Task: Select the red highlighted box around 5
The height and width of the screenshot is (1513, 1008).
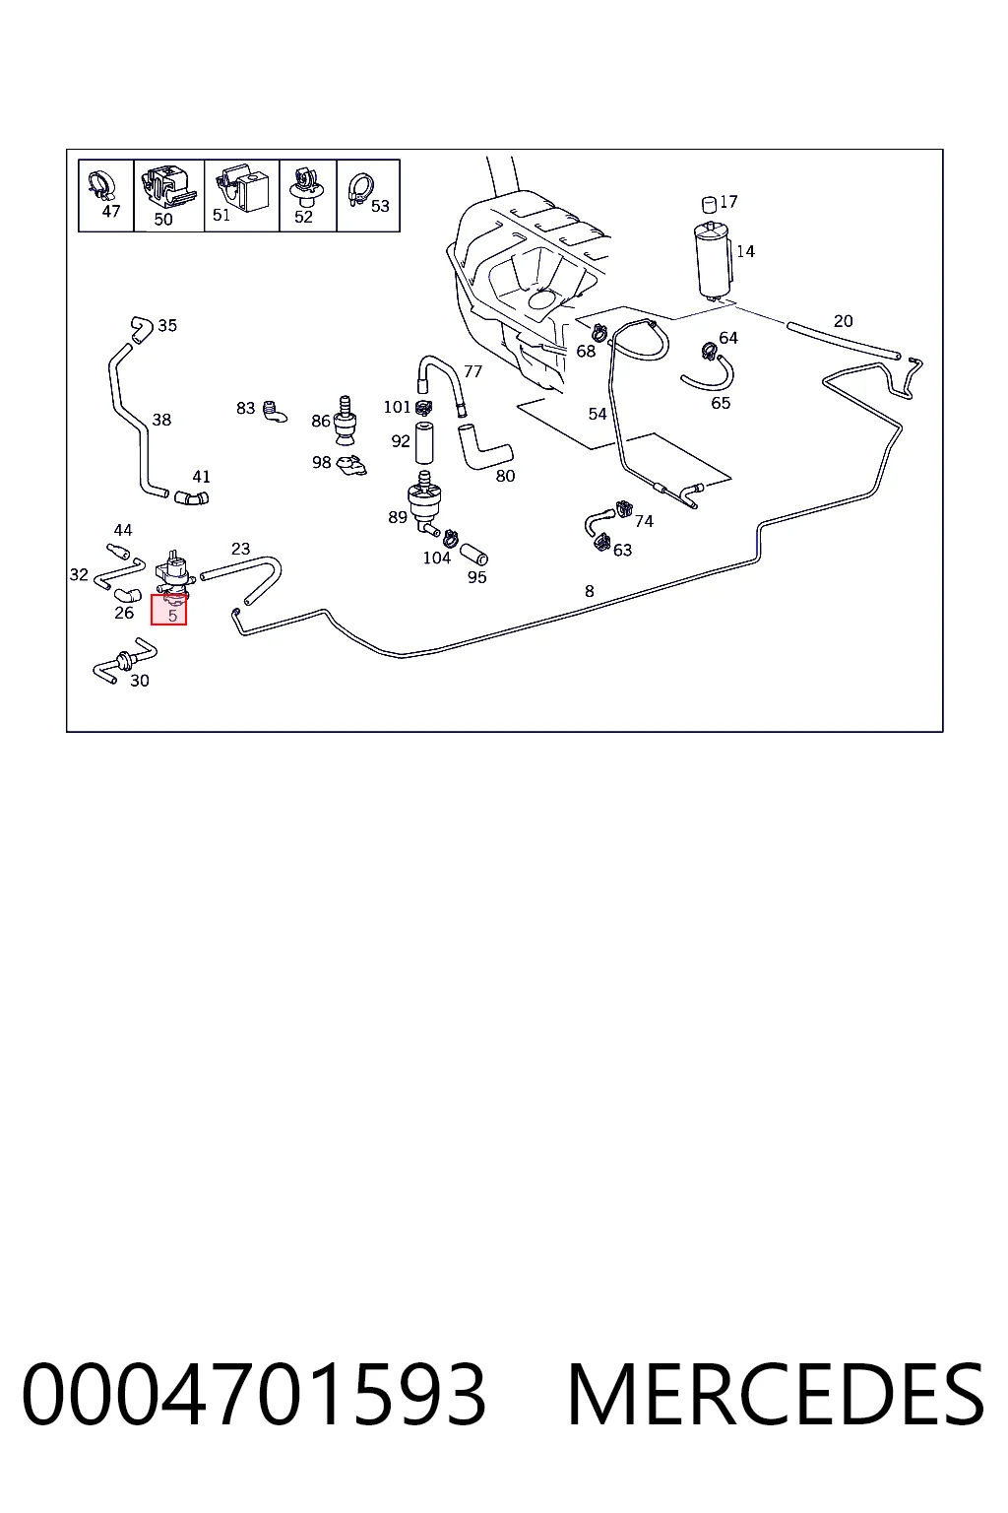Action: click(x=168, y=610)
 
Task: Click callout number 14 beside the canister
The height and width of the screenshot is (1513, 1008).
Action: click(x=745, y=251)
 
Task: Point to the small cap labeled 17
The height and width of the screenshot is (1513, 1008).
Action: click(x=709, y=204)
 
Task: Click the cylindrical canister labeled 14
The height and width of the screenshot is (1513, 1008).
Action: click(x=713, y=260)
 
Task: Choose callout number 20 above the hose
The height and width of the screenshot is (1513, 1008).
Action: click(x=843, y=321)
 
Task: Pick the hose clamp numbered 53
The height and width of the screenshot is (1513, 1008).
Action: click(x=360, y=189)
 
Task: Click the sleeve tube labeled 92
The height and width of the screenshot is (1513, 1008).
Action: click(x=424, y=442)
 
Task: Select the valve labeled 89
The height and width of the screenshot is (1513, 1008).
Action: click(x=424, y=501)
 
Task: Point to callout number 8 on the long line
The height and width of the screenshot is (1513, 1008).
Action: click(x=590, y=592)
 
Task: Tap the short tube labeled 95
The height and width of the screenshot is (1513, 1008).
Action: click(x=473, y=554)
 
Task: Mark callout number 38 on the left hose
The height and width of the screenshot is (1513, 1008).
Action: click(x=161, y=420)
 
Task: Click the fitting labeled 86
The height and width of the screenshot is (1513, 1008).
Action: click(x=345, y=421)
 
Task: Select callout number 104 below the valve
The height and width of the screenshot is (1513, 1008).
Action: click(x=437, y=558)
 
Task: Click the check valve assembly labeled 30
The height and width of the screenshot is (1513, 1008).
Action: click(x=124, y=660)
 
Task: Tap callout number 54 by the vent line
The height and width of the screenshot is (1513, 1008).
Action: click(x=598, y=414)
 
